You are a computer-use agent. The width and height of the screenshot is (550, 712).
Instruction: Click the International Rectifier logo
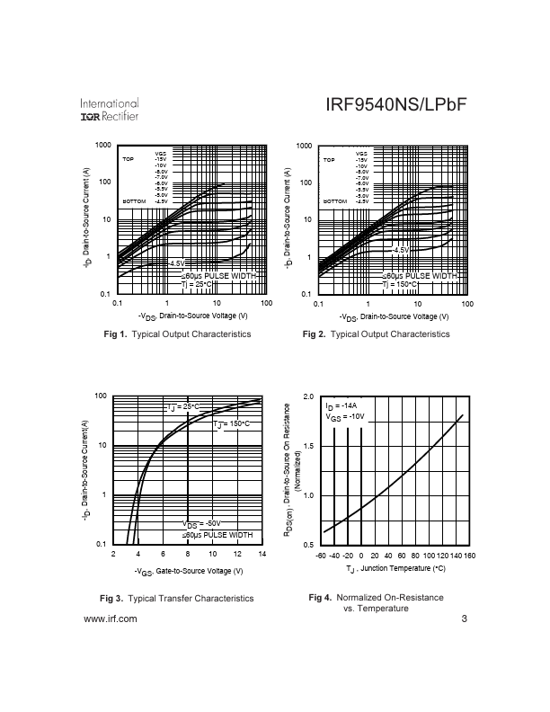[x=110, y=109]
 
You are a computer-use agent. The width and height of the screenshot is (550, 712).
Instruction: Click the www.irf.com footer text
[x=110, y=619]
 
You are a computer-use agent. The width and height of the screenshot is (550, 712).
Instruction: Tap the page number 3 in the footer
[x=465, y=619]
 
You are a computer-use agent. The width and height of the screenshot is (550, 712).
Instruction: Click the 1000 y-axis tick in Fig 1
[x=102, y=145]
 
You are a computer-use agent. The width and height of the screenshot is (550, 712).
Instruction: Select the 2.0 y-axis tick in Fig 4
[x=307, y=396]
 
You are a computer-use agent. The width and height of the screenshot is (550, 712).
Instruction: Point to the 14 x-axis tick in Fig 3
[x=262, y=555]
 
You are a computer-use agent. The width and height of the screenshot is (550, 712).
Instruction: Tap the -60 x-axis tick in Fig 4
[x=320, y=555]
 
